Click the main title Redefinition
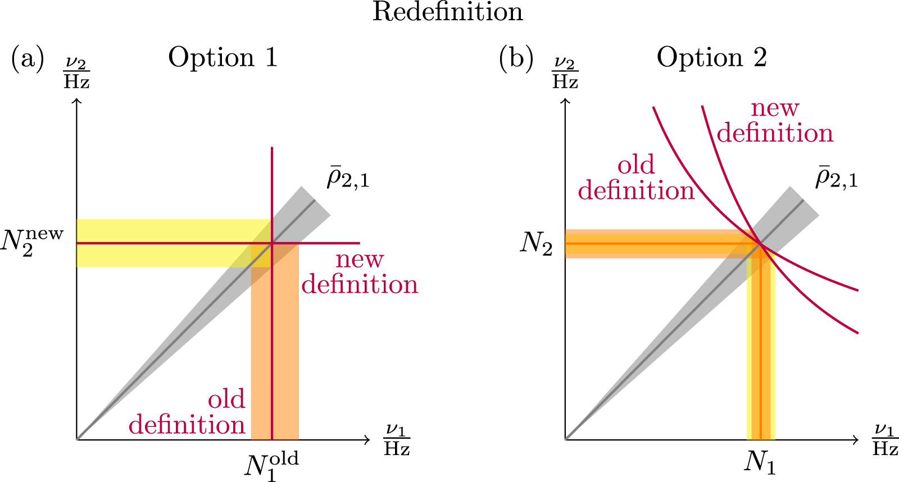coord(448,12)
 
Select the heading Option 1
coord(223,58)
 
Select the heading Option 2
coord(712,58)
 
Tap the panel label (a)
coord(28,58)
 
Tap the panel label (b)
coord(516,58)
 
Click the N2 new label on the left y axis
coord(33,243)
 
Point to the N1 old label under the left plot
coord(271,465)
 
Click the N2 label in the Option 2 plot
coord(537,244)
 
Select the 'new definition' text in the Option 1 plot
coord(360,272)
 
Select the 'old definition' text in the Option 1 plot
coord(187,412)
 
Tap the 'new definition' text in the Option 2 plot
coord(775,121)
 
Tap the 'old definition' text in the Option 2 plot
coord(636,178)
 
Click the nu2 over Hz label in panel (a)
coord(77,73)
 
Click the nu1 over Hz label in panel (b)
coord(885,440)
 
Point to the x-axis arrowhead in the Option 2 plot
coord(856,439)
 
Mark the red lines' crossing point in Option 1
coord(272,243)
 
